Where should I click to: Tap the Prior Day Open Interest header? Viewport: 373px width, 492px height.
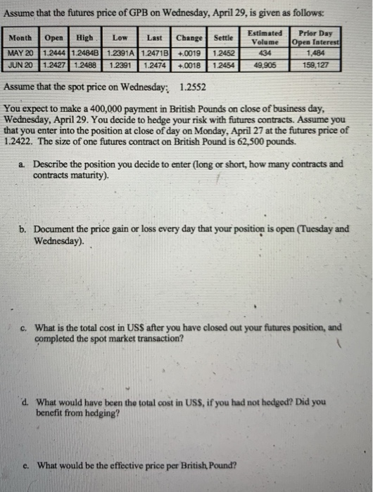[x=317, y=37]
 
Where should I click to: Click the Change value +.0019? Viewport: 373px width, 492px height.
[x=189, y=53]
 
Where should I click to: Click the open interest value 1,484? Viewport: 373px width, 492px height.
[x=317, y=53]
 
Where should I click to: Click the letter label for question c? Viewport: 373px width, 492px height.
[x=23, y=327]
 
